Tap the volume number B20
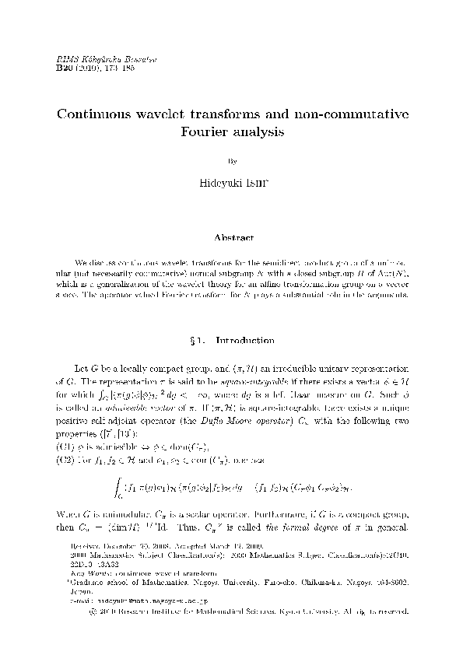(65, 68)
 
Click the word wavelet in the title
(181, 114)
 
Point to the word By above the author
(231, 163)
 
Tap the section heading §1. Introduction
(231, 340)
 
